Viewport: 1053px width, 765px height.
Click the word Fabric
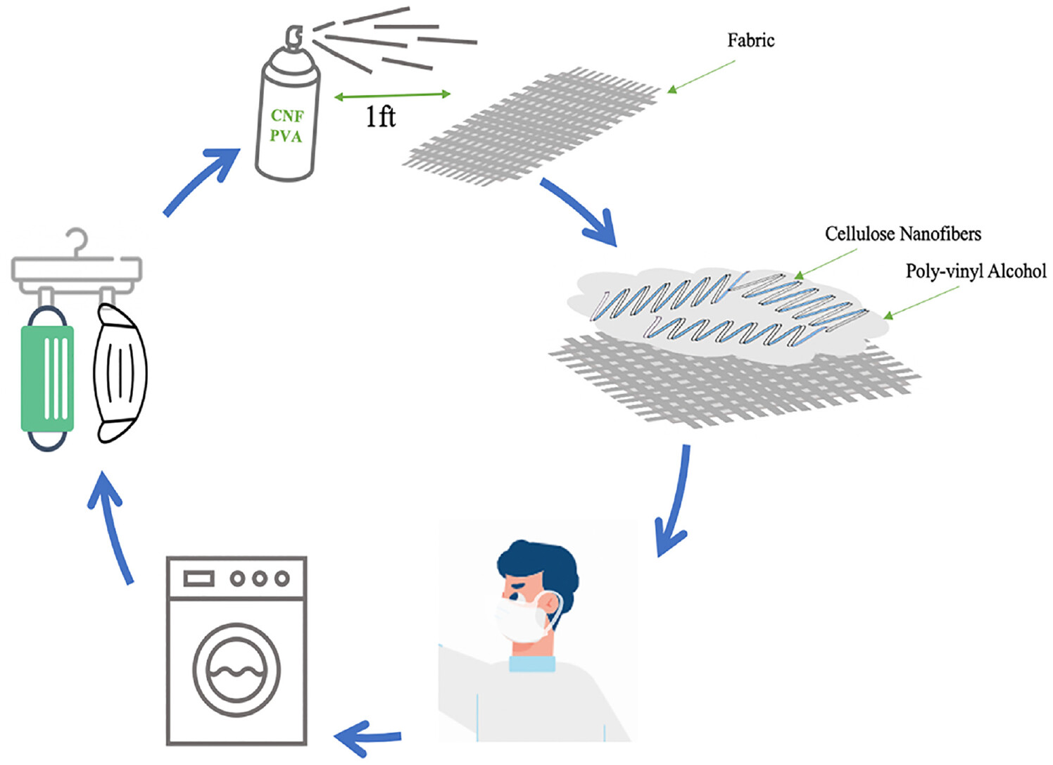pos(750,41)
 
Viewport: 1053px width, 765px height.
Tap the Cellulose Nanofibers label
pos(902,234)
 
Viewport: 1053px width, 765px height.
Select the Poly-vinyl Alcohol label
pos(975,271)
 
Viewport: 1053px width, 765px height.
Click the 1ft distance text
pos(380,116)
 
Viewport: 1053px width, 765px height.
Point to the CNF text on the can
pos(287,115)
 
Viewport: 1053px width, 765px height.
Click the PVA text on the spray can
pos(286,136)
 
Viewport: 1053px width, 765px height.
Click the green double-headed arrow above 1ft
pos(392,95)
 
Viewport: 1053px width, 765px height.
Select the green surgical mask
pos(48,378)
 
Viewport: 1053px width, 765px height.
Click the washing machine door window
pos(237,669)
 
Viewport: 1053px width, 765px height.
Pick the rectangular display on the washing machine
pos(198,578)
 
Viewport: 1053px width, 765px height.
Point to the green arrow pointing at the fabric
pos(700,76)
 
